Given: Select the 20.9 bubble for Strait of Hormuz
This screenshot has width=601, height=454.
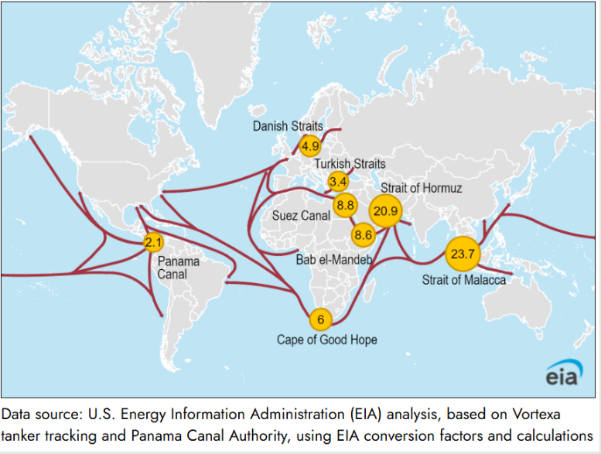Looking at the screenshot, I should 384,210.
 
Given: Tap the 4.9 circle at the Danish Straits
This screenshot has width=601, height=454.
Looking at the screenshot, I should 310,145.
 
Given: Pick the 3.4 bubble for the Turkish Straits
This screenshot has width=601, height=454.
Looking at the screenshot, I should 338,181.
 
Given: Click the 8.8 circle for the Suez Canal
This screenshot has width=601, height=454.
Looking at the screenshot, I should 345,206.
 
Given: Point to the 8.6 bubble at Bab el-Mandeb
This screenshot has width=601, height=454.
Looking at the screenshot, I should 363,234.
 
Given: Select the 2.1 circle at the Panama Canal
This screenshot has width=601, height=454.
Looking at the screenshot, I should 153,243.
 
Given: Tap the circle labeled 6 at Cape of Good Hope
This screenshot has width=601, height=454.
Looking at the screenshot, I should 319,319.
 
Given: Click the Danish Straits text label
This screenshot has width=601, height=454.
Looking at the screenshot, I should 288,125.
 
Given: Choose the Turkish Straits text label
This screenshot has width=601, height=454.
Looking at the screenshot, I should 349,164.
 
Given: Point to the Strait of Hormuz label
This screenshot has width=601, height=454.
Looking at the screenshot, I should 421,189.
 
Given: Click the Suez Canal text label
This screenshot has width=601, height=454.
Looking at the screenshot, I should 301,216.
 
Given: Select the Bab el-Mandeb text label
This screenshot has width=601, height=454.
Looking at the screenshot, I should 334,260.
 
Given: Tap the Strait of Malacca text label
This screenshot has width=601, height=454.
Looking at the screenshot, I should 463,279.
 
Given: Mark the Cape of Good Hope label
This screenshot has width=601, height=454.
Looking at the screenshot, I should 327,340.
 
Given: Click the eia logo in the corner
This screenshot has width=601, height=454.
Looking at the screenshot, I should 564,374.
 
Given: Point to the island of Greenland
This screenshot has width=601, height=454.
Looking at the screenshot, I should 236,54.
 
